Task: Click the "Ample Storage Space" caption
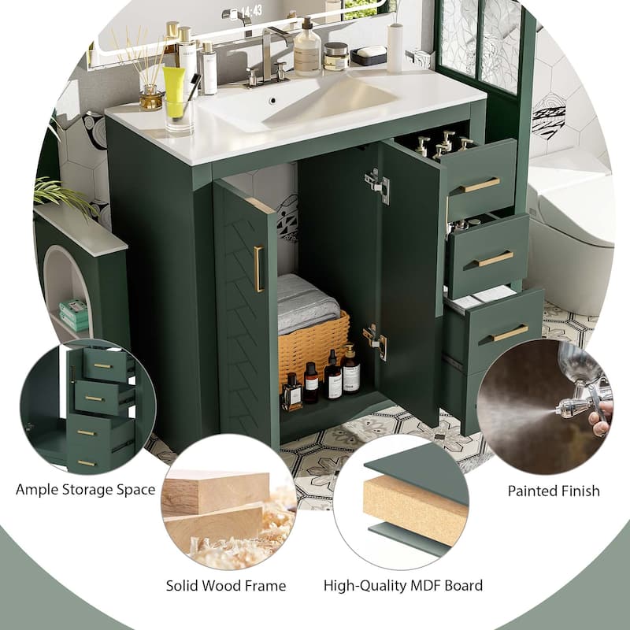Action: [x=85, y=490]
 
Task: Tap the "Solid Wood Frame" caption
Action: [x=226, y=585]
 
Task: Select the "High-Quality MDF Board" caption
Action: [x=403, y=585]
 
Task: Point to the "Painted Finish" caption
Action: [x=554, y=491]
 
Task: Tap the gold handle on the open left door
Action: [x=258, y=269]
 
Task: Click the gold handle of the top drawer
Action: [x=480, y=185]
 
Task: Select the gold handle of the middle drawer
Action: [x=495, y=258]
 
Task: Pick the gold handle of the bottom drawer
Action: [x=509, y=333]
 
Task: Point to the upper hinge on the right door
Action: [x=377, y=184]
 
